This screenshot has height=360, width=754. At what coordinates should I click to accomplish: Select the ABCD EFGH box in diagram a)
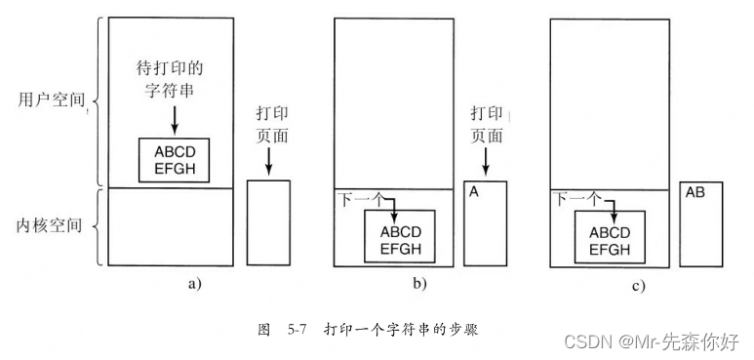coord(175,158)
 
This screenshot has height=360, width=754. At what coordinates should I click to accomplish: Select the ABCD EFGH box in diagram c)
coord(615,239)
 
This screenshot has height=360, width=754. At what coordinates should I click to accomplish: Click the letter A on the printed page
coord(474,193)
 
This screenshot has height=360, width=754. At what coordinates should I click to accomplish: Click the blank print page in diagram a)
coord(268,222)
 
